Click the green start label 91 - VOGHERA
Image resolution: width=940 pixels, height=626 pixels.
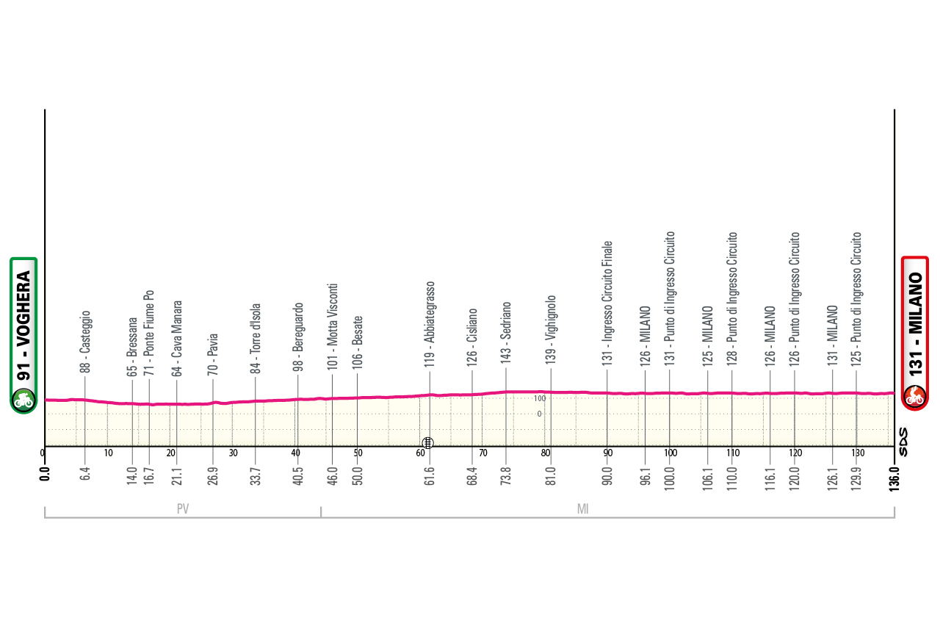click(x=23, y=334)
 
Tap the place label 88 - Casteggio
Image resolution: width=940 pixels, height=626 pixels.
click(x=85, y=342)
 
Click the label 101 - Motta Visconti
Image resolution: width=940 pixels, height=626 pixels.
click(x=332, y=325)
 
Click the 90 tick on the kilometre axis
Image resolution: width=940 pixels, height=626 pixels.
click(x=607, y=453)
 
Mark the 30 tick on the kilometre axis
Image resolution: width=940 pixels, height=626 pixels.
click(x=233, y=453)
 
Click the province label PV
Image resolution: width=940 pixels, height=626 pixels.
click(x=183, y=508)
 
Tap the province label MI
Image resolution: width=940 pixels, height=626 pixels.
click(x=583, y=508)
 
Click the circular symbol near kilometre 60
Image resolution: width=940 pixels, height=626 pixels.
click(x=427, y=442)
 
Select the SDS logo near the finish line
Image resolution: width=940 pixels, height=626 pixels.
click(x=903, y=442)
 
